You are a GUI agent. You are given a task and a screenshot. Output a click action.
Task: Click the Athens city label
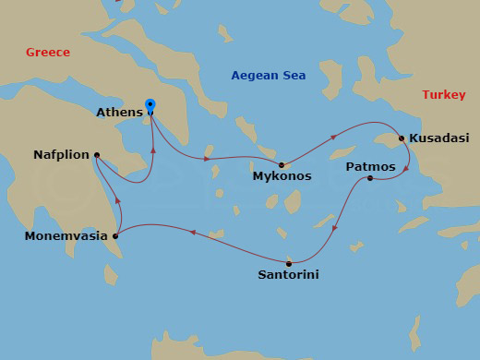click(119, 113)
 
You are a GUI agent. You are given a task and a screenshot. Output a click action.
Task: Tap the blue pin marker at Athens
click(150, 107)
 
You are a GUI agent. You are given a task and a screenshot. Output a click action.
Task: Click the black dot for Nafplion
click(97, 155)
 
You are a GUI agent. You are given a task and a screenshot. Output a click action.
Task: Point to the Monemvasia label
click(63, 236)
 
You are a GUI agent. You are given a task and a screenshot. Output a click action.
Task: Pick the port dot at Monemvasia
click(115, 236)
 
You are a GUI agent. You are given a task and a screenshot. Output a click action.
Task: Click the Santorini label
click(290, 274)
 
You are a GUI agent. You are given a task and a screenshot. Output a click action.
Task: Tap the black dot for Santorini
click(290, 262)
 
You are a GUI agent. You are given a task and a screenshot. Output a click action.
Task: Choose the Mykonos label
click(282, 175)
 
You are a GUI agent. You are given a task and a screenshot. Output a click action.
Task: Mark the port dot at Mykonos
click(282, 165)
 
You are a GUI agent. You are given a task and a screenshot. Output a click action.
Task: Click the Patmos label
click(370, 167)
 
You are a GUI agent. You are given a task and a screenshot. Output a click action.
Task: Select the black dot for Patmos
click(369, 177)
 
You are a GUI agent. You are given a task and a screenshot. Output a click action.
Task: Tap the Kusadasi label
click(438, 138)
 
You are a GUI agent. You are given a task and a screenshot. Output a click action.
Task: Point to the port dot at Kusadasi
click(401, 138)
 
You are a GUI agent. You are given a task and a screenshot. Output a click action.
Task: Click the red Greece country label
click(48, 53)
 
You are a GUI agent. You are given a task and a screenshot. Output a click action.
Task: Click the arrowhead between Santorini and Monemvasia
click(192, 233)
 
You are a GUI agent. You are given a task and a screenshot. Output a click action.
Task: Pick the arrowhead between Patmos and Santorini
click(335, 222)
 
